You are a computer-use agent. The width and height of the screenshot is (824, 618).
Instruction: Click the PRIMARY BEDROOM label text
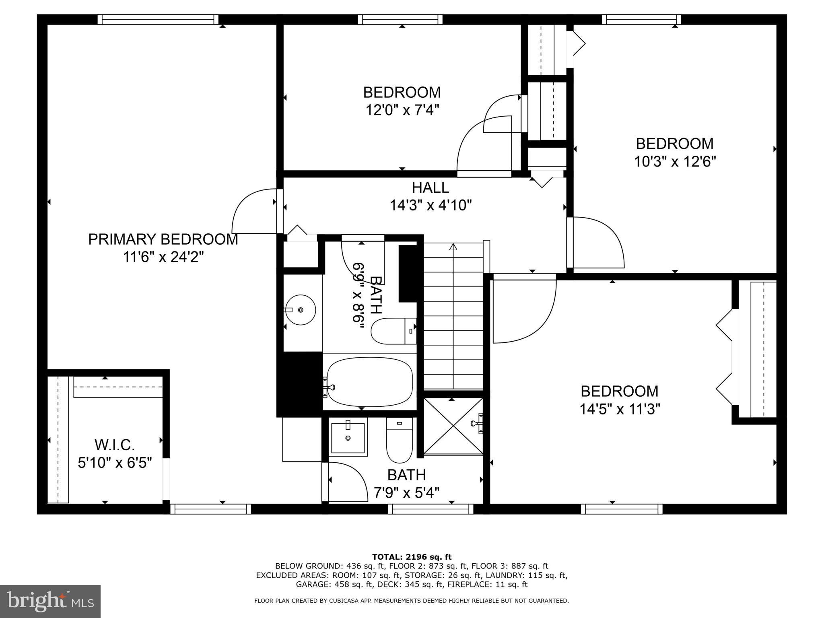[x=163, y=239]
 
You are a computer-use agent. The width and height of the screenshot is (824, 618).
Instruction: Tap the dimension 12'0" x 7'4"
[x=402, y=110]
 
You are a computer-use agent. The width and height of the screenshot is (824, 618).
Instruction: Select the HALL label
[x=430, y=187]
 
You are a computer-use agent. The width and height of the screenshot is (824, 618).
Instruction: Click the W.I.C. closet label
[x=115, y=445]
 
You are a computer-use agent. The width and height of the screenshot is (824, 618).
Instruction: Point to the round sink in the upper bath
[x=300, y=310]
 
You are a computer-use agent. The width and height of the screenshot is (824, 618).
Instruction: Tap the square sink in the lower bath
[x=348, y=437]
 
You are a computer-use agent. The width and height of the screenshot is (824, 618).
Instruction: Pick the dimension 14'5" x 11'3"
[x=620, y=410]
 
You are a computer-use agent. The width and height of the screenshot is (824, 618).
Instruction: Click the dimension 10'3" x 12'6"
[x=675, y=162]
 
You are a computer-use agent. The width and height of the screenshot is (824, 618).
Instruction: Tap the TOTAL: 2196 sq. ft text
[x=412, y=557]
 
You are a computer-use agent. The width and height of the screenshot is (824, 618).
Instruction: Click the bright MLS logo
[x=50, y=602]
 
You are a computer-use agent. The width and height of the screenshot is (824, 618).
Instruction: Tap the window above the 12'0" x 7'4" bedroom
[x=400, y=19]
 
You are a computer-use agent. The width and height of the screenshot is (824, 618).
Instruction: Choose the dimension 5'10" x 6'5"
[x=115, y=463]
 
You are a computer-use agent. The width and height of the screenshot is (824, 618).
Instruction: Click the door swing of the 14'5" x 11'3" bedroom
[x=523, y=310]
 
